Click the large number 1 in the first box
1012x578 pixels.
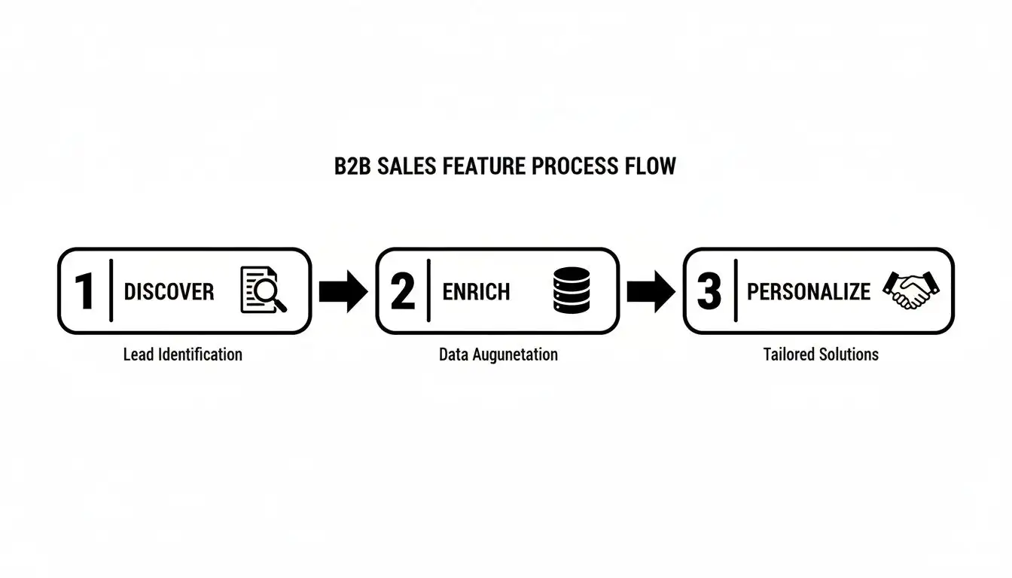click(84, 291)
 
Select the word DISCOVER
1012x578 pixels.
click(169, 292)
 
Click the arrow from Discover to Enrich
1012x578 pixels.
click(343, 291)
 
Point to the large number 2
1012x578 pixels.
click(403, 291)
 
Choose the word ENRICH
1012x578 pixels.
click(476, 292)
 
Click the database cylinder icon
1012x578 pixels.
click(569, 291)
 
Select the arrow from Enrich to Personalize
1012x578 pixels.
click(651, 291)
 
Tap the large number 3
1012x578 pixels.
click(709, 291)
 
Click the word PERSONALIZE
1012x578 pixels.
click(809, 292)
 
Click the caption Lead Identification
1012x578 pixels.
click(183, 354)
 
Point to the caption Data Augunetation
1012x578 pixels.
click(498, 354)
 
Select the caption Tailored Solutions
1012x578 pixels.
click(821, 354)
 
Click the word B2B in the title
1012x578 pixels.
click(352, 166)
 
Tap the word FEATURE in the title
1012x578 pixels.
click(484, 166)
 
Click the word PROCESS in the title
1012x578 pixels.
click(577, 166)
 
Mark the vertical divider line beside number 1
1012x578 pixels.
click(111, 291)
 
